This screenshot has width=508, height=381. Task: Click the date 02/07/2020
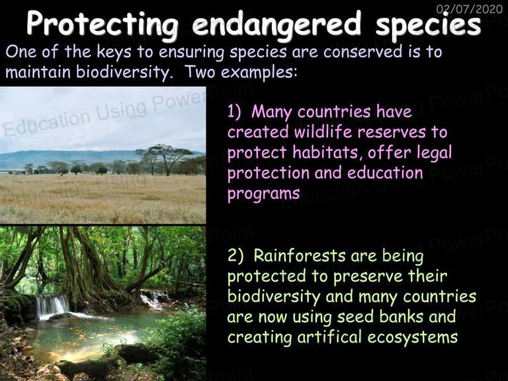pos(470,8)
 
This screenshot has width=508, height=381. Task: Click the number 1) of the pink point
pos(234,111)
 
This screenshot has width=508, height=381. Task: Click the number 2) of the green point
pos(235,255)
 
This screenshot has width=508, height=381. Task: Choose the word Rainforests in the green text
pos(300,255)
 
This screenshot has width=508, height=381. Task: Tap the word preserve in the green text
pos(368,277)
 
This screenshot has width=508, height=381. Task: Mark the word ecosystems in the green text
pos(413,337)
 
